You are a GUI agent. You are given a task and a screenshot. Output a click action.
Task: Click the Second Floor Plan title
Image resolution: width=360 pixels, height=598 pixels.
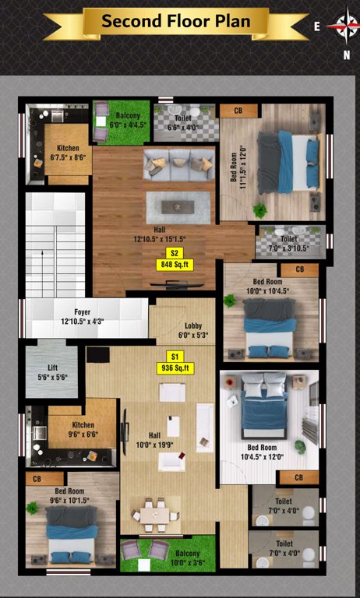coord(176,21)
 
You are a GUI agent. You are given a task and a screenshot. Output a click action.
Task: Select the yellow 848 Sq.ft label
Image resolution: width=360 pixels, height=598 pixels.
coord(175,265)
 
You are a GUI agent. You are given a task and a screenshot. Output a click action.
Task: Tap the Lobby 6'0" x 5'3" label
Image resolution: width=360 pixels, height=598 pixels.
coord(193,330)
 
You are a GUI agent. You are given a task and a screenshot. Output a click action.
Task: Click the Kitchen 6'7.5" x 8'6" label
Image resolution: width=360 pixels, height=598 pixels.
coord(67,153)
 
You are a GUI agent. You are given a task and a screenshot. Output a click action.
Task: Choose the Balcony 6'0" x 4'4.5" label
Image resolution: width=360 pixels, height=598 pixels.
coord(128,119)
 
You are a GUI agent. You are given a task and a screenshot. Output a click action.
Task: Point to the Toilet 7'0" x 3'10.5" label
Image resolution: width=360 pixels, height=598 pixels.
coord(288,244)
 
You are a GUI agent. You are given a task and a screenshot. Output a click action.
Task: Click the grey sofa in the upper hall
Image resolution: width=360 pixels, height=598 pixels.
coord(178,163)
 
